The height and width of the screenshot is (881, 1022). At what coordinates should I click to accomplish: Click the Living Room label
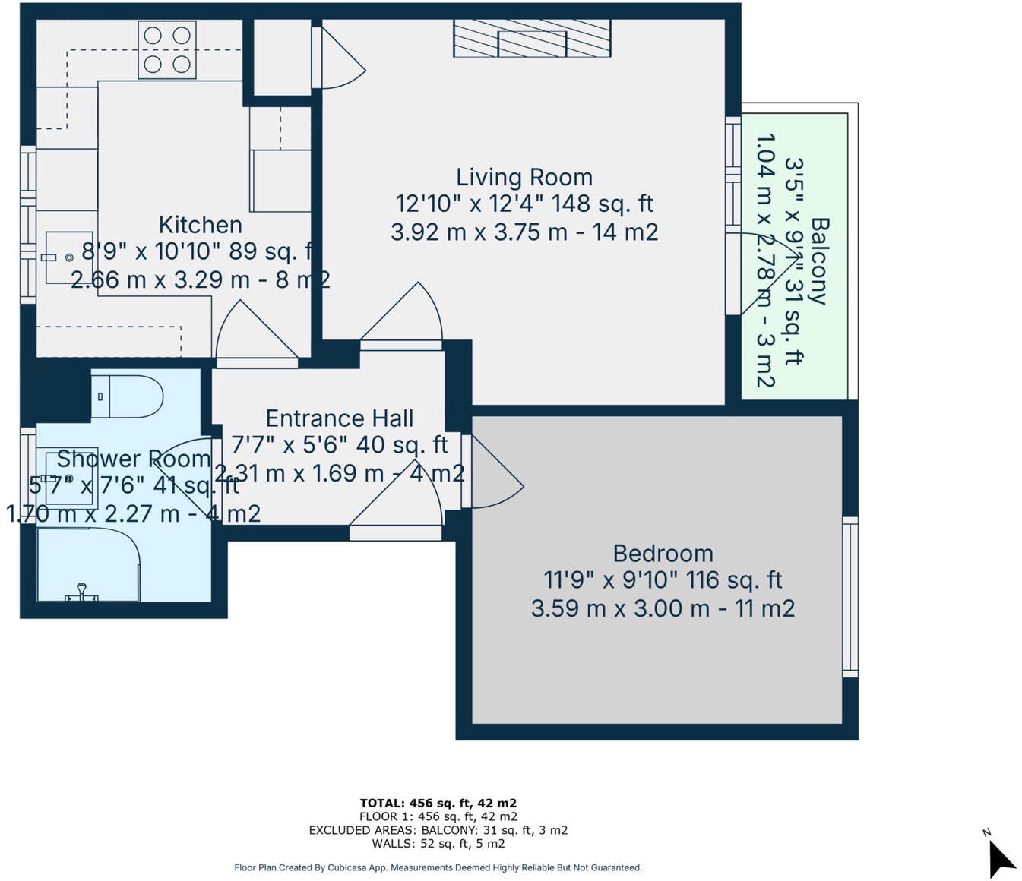coord(524,178)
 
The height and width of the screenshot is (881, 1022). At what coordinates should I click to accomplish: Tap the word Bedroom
coord(663,554)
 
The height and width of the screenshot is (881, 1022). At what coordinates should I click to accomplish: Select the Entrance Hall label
coord(339,418)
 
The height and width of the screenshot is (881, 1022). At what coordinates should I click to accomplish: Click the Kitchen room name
coord(201,225)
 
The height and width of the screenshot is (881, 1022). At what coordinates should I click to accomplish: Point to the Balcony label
coord(820,261)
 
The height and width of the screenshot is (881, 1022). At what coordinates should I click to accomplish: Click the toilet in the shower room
coord(128,396)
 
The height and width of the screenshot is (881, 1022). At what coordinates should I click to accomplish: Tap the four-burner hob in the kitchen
coord(167,49)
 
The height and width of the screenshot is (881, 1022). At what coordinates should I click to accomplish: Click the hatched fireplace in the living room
coord(532,38)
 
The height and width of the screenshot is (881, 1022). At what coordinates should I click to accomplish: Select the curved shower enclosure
coord(88,564)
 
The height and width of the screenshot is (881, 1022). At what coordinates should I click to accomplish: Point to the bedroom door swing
coord(495,472)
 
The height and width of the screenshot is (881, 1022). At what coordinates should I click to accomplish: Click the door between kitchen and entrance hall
coord(257,334)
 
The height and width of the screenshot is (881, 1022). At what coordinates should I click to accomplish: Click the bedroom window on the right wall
coord(850,598)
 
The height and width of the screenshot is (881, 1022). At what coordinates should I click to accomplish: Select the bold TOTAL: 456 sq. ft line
coord(438,803)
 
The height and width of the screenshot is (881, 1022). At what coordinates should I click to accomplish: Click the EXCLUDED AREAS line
coord(438,830)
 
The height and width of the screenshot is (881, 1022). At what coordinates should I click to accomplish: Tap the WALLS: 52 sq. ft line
coord(438,844)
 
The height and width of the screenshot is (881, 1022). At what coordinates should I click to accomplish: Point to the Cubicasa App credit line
coord(438,867)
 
